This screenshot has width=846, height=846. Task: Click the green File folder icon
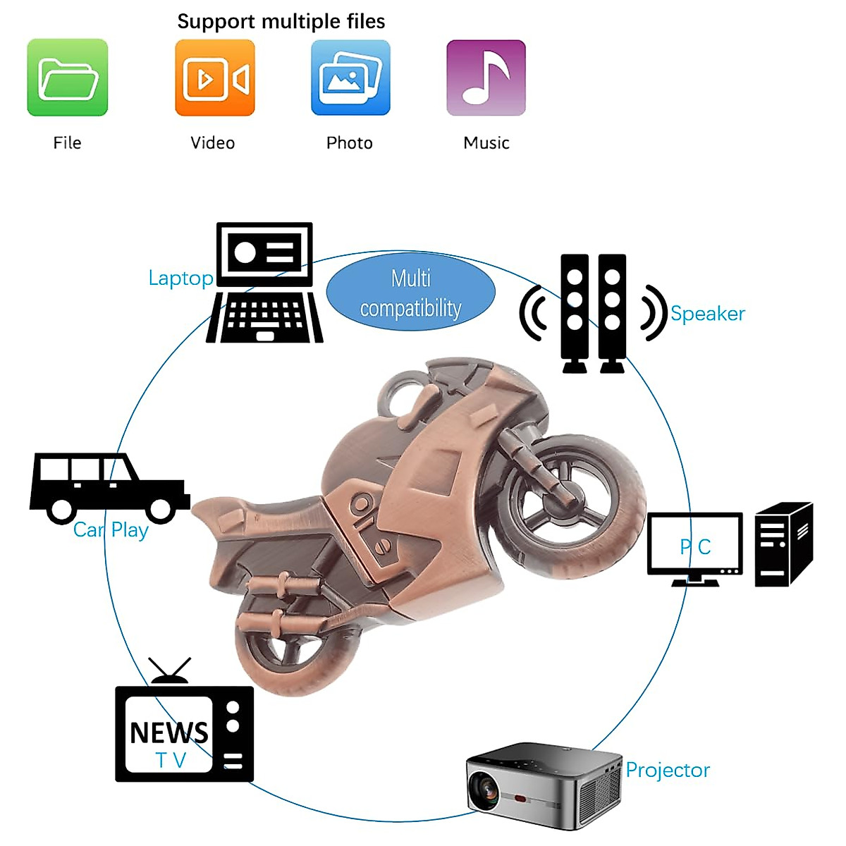[x=68, y=78]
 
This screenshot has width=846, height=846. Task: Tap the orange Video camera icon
[x=215, y=78]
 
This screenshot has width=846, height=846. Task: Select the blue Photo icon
[x=350, y=78]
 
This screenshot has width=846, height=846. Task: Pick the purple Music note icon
[x=486, y=78]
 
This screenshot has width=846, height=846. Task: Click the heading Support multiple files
[x=281, y=22]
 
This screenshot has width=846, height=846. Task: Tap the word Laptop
[x=180, y=278]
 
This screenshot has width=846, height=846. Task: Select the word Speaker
[x=707, y=314]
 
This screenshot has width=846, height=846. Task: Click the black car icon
[x=109, y=487]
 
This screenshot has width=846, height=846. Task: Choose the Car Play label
[x=111, y=530]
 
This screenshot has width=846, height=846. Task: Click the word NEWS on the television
[x=169, y=733]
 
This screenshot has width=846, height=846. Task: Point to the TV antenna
[x=170, y=670]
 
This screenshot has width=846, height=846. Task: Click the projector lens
[x=484, y=790]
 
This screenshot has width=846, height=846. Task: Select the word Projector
[x=668, y=771]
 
